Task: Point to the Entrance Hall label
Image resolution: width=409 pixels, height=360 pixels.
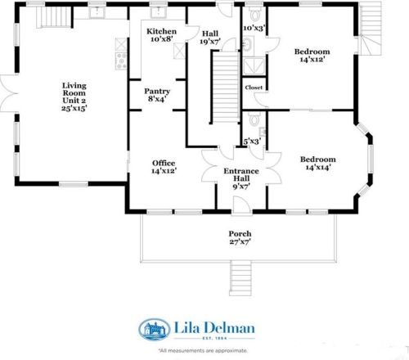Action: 241,175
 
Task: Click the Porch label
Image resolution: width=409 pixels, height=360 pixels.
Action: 239,233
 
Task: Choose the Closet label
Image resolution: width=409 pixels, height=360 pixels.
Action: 254,87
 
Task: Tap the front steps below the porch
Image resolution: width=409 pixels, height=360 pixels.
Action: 240,281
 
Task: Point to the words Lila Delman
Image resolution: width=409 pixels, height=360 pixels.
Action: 214,327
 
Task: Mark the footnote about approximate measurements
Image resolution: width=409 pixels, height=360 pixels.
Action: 203,349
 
